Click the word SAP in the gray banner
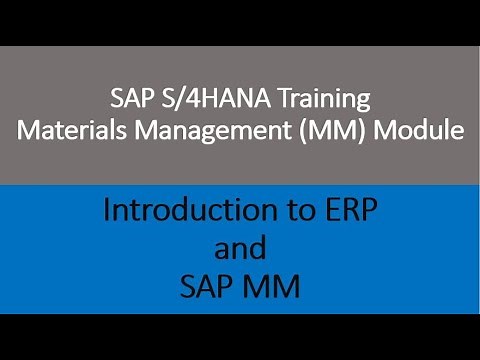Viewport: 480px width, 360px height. click(128, 99)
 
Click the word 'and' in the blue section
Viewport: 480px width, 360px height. click(240, 249)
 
